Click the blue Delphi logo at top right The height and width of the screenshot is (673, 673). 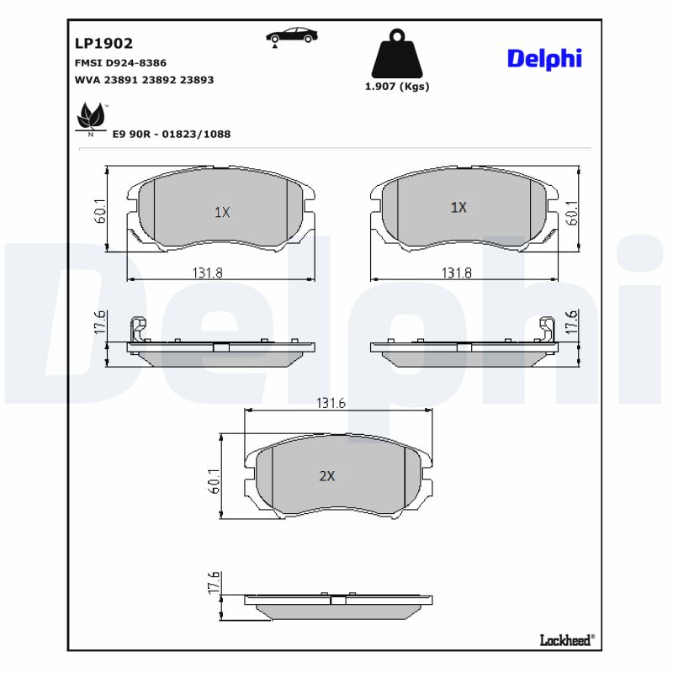544,58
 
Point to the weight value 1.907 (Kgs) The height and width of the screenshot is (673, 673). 397,87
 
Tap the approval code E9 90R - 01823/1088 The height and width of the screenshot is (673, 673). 172,134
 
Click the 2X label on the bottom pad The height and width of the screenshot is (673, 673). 327,476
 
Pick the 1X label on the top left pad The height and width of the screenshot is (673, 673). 221,213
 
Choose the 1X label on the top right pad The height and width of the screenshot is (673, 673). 458,207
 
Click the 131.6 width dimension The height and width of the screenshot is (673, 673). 331,403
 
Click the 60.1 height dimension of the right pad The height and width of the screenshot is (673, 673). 572,212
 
